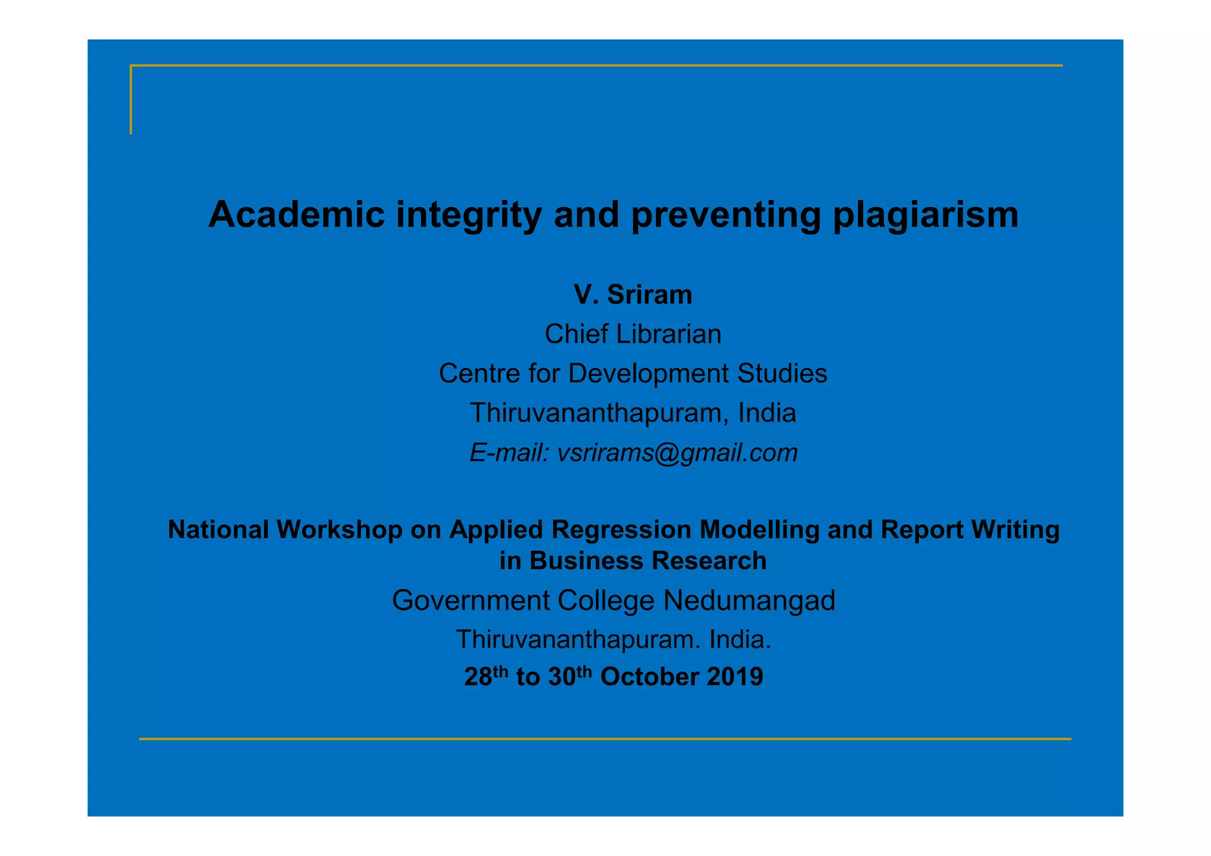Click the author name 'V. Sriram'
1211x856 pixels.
[633, 295]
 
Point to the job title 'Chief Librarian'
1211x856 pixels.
[633, 334]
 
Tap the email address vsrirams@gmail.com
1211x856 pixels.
[678, 453]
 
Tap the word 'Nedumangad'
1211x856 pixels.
[749, 600]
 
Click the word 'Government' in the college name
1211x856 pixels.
[471, 600]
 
